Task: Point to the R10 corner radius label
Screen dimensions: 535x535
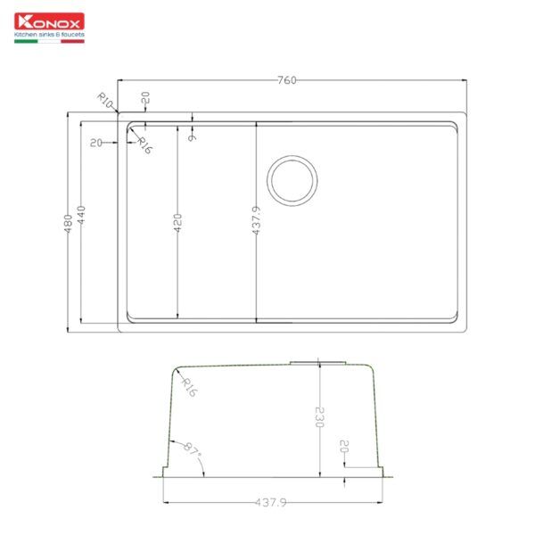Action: pyautogui.click(x=104, y=100)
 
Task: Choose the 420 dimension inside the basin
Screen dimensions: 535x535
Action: pyautogui.click(x=177, y=222)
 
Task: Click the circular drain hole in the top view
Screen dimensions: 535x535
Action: pyautogui.click(x=292, y=180)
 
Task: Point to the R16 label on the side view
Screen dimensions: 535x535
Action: pyautogui.click(x=188, y=386)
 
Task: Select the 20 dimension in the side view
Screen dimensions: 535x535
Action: pyautogui.click(x=344, y=449)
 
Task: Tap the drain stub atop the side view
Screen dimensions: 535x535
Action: pyautogui.click(x=317, y=362)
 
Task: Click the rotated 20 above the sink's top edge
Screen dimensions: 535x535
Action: pyautogui.click(x=145, y=97)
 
